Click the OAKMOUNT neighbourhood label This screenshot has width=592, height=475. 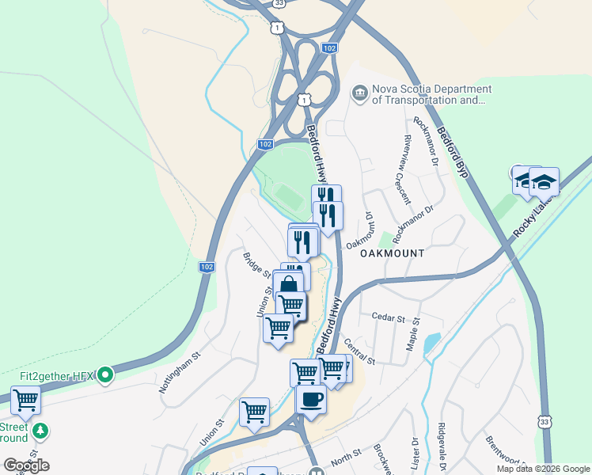[x=393, y=253]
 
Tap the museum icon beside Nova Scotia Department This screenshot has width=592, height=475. [x=360, y=95]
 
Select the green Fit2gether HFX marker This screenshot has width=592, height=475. [x=104, y=374]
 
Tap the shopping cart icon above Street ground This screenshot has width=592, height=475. [x=25, y=399]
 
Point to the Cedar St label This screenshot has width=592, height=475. [x=388, y=318]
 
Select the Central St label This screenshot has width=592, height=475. [x=359, y=351]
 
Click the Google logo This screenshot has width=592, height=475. [x=26, y=465]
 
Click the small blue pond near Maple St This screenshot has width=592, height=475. [x=431, y=343]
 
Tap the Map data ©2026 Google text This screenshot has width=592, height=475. [x=543, y=469]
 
